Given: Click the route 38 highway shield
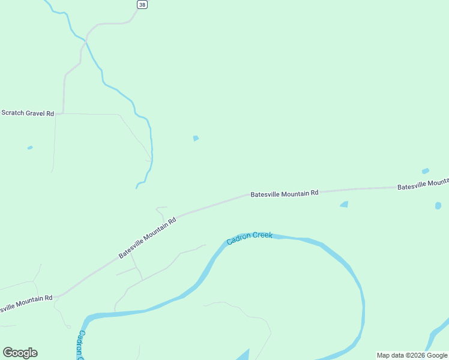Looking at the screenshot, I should [x=142, y=4].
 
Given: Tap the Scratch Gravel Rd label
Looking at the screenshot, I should [x=28, y=113].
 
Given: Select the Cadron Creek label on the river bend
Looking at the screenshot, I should [x=250, y=238].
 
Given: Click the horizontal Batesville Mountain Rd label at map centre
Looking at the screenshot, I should [x=284, y=194].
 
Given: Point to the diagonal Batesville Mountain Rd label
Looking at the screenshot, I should [x=147, y=238].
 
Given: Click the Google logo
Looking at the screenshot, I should [x=20, y=353].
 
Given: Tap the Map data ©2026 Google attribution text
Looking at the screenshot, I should [x=412, y=355].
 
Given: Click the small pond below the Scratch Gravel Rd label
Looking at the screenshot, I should [x=30, y=148].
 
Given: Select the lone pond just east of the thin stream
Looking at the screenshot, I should [x=196, y=139].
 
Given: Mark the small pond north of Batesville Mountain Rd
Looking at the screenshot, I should [x=426, y=171].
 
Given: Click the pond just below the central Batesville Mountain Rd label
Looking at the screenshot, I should [x=344, y=205].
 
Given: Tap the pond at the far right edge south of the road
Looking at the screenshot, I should [x=438, y=206].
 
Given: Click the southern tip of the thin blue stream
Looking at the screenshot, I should [x=137, y=188].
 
